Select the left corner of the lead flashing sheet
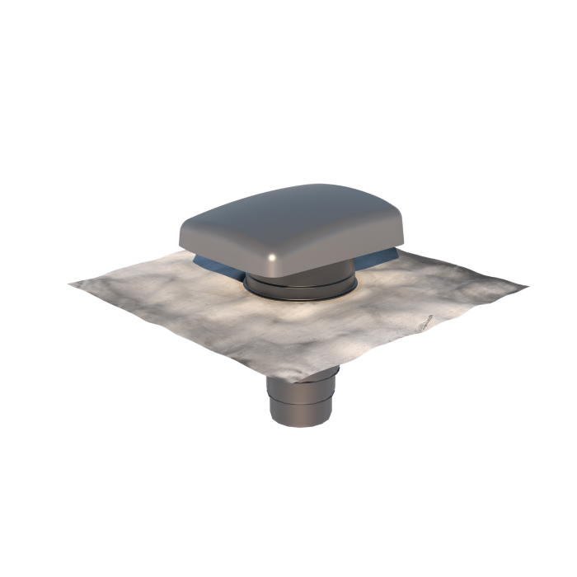(71, 284)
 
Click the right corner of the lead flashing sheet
(527, 288)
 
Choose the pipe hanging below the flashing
(301, 400)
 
